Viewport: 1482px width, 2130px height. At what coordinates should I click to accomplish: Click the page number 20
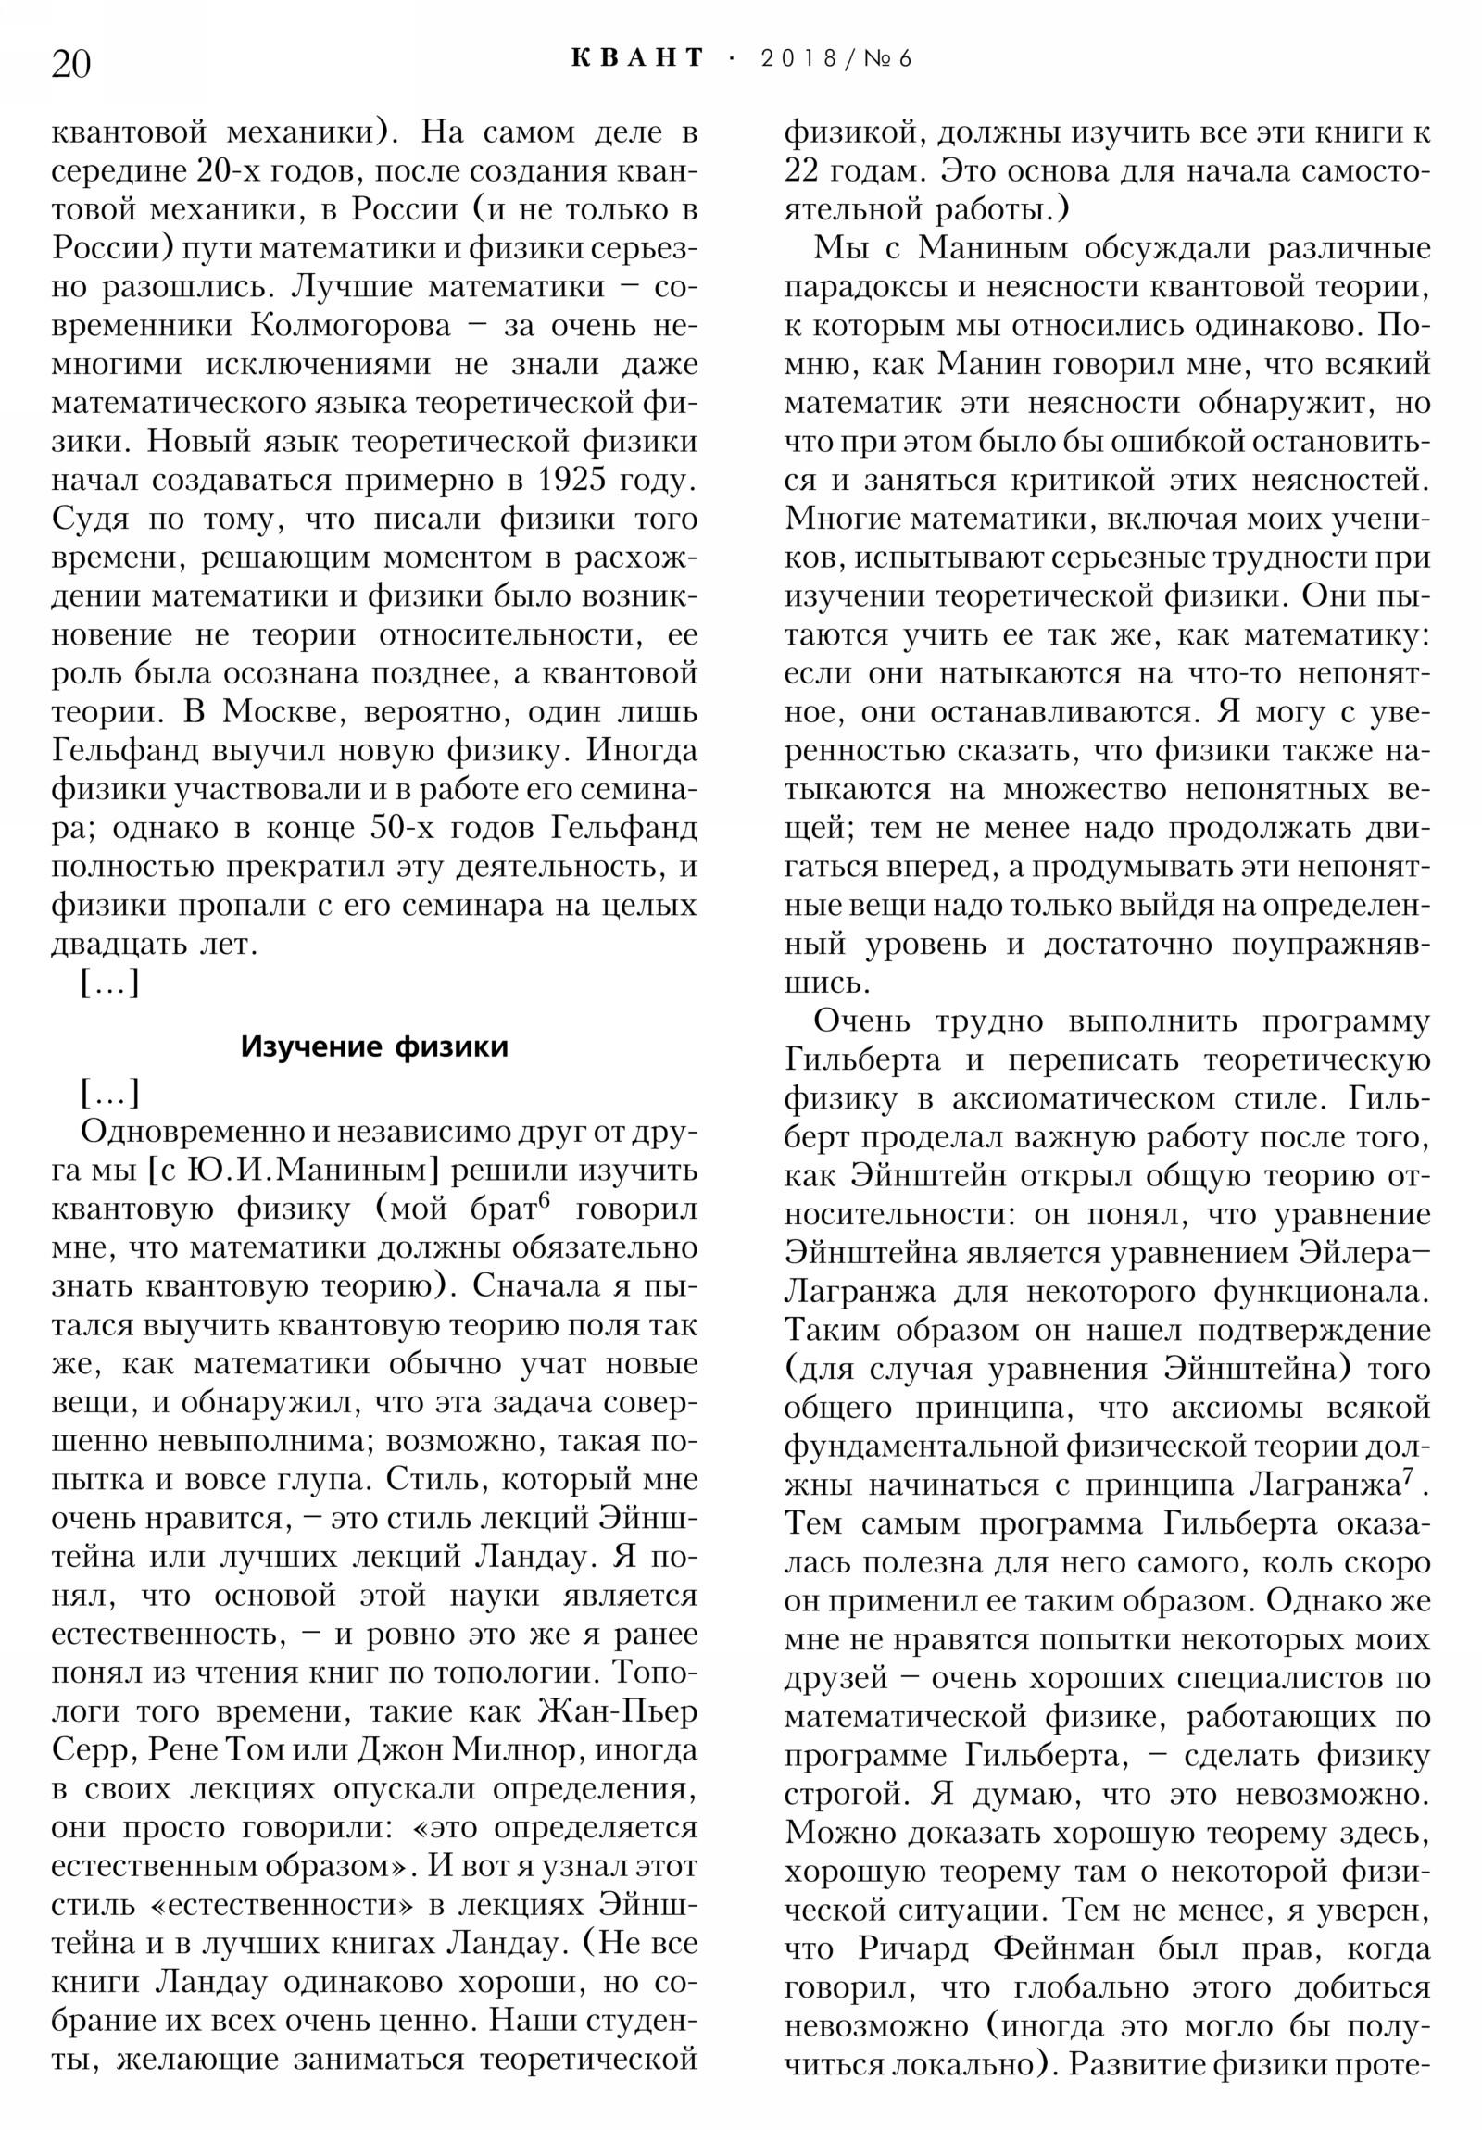pos(70,64)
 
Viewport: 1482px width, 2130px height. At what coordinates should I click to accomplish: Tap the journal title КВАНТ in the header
pos(637,58)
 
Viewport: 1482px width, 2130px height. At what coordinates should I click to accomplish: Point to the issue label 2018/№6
pos(835,58)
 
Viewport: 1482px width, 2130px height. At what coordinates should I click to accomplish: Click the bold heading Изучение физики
pos(374,1046)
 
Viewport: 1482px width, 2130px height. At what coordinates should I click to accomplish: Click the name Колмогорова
pos(350,326)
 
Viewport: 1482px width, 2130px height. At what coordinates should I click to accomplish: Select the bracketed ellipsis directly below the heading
pos(109,1093)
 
